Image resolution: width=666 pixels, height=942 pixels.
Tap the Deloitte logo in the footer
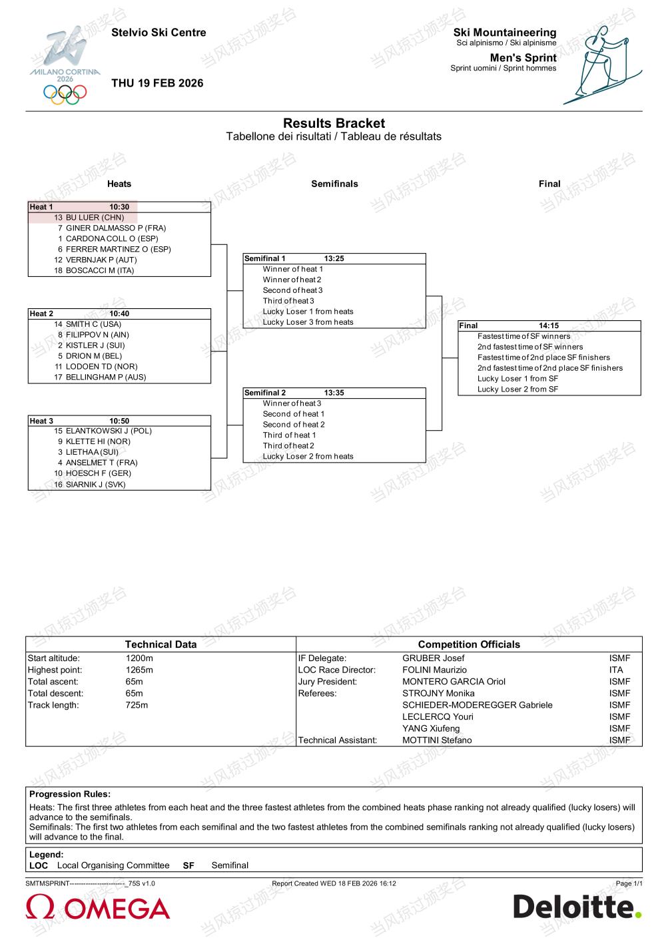(577, 907)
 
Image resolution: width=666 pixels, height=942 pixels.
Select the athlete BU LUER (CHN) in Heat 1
(94, 218)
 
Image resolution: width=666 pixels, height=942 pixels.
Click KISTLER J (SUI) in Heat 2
(95, 346)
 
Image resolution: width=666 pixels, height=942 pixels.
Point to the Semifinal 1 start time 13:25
(334, 259)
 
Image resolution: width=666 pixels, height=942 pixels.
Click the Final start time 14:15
(549, 326)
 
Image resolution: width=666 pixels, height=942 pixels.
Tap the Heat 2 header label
(41, 314)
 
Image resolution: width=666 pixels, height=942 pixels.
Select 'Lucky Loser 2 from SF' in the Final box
(517, 389)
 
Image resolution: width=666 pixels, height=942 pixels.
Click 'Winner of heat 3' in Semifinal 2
(292, 403)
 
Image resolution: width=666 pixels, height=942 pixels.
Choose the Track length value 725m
(137, 705)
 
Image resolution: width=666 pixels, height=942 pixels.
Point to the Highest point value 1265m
(139, 670)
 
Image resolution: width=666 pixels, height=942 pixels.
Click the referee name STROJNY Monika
(438, 693)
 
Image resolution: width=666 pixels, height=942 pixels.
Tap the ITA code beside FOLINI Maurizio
(616, 670)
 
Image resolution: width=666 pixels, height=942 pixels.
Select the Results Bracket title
(334, 123)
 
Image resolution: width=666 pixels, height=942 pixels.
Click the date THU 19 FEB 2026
(157, 83)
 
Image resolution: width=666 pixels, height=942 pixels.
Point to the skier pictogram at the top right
(601, 65)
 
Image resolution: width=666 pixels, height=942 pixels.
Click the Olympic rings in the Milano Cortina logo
(65, 93)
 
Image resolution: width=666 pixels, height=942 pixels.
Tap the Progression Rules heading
(70, 794)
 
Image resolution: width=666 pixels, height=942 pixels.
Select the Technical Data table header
(161, 644)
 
